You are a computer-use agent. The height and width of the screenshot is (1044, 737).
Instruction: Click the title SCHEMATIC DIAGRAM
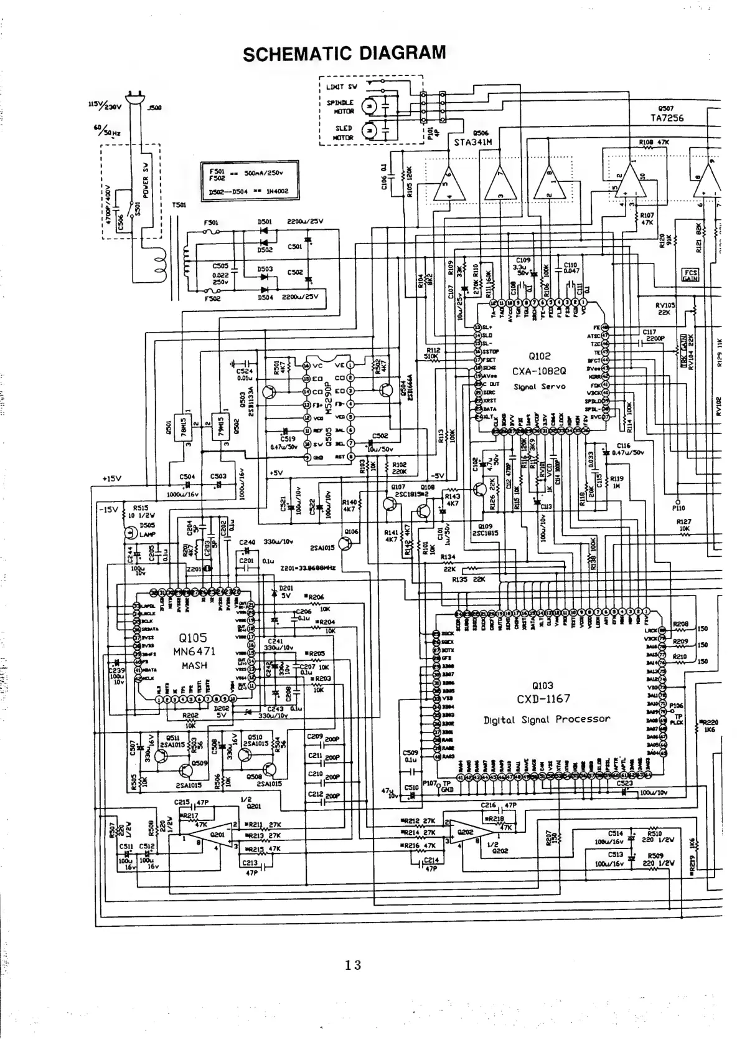tap(344, 52)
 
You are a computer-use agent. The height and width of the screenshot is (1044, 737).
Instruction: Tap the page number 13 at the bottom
tap(353, 966)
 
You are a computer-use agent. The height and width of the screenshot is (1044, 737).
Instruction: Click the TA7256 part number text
tap(666, 118)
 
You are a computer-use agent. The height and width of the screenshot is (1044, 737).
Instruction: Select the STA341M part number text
tap(473, 142)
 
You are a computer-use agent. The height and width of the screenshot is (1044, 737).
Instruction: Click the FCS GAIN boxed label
tap(690, 275)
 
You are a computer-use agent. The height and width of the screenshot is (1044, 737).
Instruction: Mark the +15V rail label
tap(111, 478)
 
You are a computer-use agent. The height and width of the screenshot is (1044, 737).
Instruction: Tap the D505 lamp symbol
tap(130, 533)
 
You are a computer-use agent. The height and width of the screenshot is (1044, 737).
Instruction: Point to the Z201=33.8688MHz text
tap(308, 568)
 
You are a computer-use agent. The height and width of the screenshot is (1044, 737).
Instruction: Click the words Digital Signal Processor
tap(547, 719)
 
